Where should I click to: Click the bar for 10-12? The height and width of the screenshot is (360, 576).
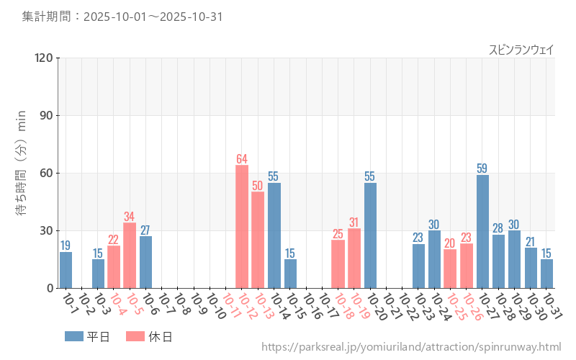(x=242, y=227)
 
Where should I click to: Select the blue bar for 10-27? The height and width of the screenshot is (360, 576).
(x=482, y=231)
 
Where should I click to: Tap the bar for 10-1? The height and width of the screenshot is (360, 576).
(x=66, y=270)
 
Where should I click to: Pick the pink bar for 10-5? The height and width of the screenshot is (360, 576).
(x=130, y=256)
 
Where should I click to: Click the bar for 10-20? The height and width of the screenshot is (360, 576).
(x=370, y=235)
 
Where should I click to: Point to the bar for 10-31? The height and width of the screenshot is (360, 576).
(x=546, y=274)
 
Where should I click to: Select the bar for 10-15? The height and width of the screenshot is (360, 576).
(x=290, y=274)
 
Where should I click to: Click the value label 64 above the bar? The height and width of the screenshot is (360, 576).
(x=242, y=159)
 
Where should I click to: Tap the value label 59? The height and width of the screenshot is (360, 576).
(x=482, y=168)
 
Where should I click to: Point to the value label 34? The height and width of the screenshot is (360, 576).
(x=130, y=217)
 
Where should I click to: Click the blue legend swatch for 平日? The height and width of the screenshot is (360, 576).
(x=74, y=336)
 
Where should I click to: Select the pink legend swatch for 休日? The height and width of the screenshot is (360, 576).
(x=135, y=336)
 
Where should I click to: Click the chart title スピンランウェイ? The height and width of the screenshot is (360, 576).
(x=521, y=50)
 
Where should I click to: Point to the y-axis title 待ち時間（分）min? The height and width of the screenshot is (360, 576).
(x=21, y=173)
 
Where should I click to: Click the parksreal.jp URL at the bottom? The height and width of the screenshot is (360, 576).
(x=411, y=347)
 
